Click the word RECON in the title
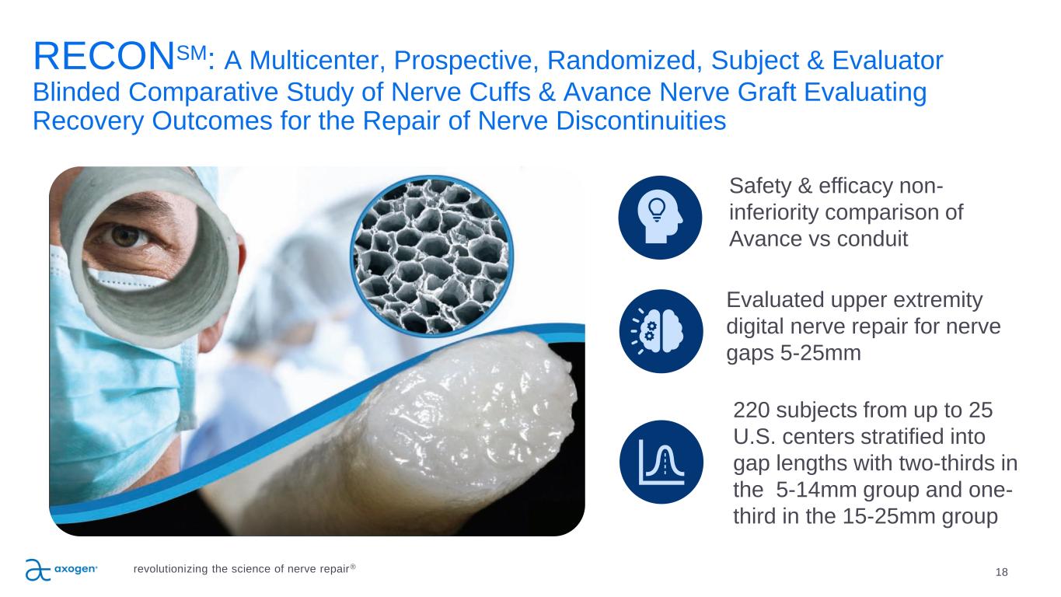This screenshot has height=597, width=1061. point(103,57)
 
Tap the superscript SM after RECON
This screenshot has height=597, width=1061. point(192,53)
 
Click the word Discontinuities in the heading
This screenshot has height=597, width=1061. point(640,120)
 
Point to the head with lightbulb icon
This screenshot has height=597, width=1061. point(660,218)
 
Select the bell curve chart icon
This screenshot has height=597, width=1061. point(661,462)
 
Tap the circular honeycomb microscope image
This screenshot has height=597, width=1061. point(431,257)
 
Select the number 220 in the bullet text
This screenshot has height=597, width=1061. point(751,410)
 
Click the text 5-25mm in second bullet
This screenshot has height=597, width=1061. point(820,353)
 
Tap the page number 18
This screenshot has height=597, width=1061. point(1002,572)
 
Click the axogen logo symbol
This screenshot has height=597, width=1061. point(38,570)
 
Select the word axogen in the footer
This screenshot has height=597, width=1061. point(75,569)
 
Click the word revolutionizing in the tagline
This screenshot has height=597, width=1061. point(171,569)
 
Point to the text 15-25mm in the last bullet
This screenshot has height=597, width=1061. point(889,516)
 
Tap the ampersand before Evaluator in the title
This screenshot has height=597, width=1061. point(815,61)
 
